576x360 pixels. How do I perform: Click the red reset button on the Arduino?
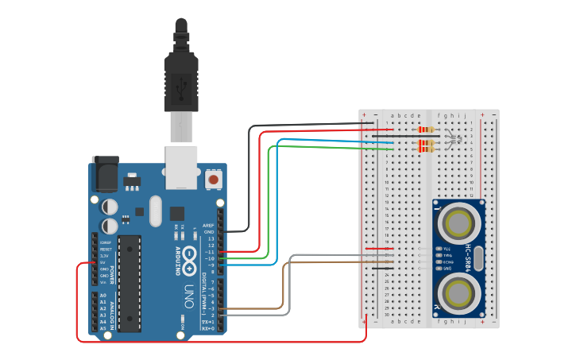click(x=213, y=180)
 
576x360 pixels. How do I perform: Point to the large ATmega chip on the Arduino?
click(x=129, y=282)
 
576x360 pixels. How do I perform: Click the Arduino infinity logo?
click(x=191, y=257)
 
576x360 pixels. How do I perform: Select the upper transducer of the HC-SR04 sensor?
click(x=458, y=223)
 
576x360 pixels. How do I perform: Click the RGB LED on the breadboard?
click(x=453, y=140)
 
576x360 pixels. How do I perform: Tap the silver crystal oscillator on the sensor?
click(x=481, y=258)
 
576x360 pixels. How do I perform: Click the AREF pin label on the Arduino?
click(x=208, y=225)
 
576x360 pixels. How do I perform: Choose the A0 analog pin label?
click(x=103, y=296)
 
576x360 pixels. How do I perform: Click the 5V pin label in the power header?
click(x=103, y=262)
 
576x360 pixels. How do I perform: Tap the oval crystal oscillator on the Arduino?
click(x=154, y=211)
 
